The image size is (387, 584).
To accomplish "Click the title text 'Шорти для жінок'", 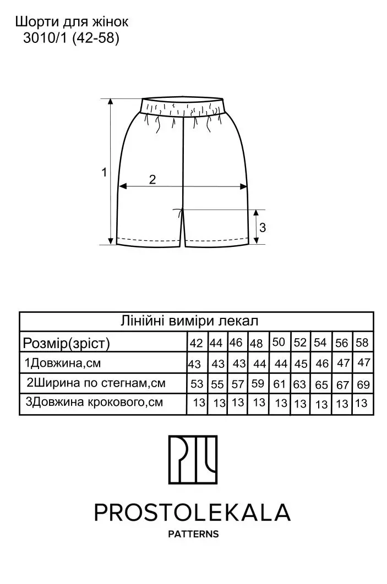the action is [x=72, y=22].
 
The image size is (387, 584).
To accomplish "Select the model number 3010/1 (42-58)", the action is [x=71, y=38].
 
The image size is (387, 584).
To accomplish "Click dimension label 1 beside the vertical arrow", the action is [x=104, y=172].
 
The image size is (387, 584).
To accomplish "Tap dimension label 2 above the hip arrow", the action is [x=152, y=179].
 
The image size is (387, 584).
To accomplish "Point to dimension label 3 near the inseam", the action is [x=262, y=227].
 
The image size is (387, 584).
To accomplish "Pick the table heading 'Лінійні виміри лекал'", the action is [x=189, y=321].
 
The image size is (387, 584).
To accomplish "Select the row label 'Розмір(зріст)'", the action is [x=67, y=343].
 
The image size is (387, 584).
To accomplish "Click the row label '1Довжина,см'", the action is [x=63, y=363].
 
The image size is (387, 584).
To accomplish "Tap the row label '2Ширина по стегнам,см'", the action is [x=96, y=383].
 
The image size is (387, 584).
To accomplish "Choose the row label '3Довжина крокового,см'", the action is [x=94, y=402].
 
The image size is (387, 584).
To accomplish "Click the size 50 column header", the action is [x=279, y=342].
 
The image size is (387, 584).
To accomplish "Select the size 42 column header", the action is [x=196, y=343].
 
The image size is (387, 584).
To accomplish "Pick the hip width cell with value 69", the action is [x=363, y=384].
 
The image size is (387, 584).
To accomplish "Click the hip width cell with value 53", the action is [x=197, y=384].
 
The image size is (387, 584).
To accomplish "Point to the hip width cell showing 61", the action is [x=279, y=384].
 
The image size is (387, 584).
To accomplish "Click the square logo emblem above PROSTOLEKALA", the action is [x=193, y=459].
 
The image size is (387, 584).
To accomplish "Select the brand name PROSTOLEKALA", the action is [x=192, y=513].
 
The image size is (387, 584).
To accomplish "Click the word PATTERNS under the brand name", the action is [x=193, y=534].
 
